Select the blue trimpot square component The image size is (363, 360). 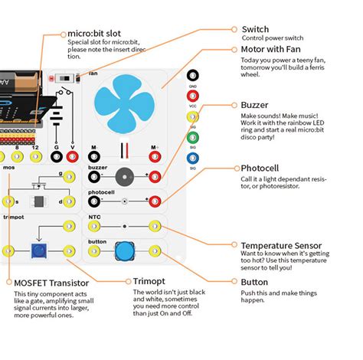pos(36,250)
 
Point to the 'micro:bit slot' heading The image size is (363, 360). pos(96,34)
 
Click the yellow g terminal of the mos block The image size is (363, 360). pos(70,176)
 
